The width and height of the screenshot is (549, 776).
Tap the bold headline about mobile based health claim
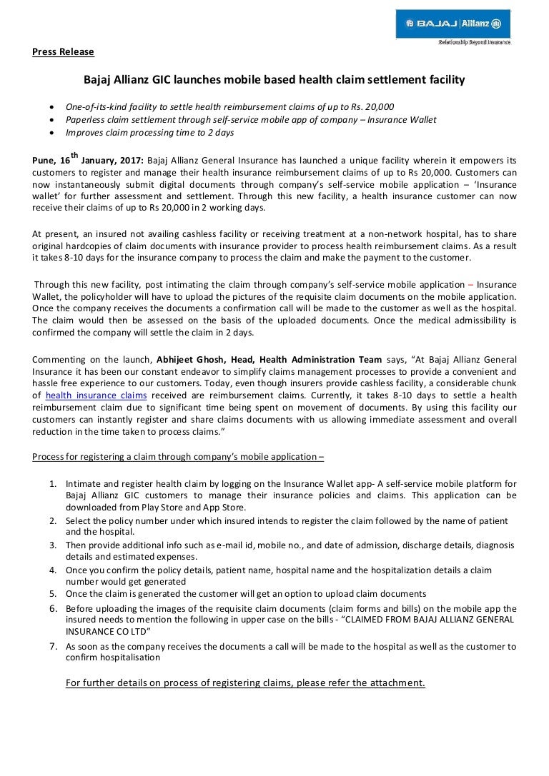274,81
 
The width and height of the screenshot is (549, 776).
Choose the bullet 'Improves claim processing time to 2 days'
149,132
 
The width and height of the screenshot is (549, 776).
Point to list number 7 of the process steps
54,646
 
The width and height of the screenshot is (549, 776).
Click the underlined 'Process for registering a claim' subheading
178,457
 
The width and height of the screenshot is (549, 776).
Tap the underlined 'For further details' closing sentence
245,682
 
